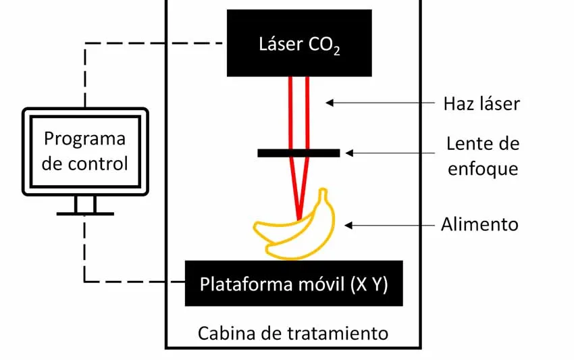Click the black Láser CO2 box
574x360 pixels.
coord(298,43)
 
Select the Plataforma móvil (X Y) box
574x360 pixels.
coord(294,284)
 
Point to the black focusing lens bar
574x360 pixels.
coord(298,153)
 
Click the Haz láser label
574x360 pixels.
coord(481,104)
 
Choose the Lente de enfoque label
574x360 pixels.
coord(482,156)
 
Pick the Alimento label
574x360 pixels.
coord(479,224)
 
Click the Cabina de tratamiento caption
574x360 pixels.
coord(293,333)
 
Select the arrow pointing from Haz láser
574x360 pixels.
coord(379,103)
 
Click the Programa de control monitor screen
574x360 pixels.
coord(85,151)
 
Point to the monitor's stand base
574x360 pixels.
coord(85,213)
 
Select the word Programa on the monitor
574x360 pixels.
coord(85,138)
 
